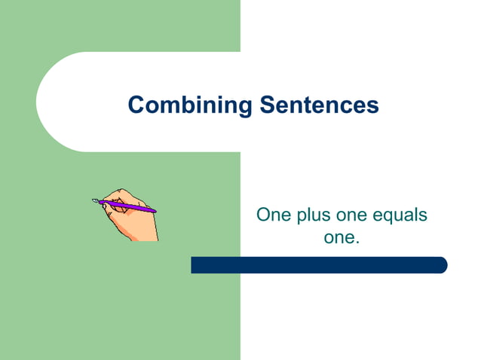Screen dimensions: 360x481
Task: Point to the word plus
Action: click(314, 216)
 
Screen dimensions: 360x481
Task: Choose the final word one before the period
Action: click(339, 239)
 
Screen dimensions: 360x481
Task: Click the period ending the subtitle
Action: click(357, 243)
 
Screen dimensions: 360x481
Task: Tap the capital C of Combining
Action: click(136, 105)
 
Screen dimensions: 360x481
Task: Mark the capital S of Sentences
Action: click(267, 105)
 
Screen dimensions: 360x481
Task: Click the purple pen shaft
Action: click(130, 205)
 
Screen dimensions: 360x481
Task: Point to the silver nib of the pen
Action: click(96, 200)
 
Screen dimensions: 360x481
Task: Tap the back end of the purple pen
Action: click(154, 210)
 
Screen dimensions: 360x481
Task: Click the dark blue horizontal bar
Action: click(317, 265)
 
